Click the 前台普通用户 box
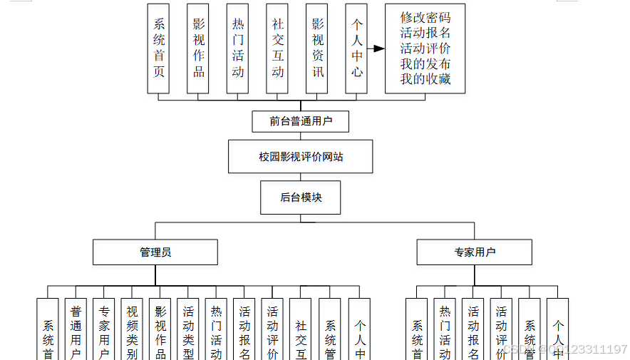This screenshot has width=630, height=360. tap(300, 121)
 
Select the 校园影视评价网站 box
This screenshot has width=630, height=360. tap(300, 156)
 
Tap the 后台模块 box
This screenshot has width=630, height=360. tap(300, 197)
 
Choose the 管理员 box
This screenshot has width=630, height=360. tap(155, 252)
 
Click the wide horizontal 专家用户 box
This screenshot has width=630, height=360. tap(474, 252)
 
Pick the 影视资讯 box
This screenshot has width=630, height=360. tap(317, 48)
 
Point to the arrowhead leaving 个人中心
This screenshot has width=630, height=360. tap(380, 48)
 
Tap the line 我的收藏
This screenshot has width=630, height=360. tap(425, 79)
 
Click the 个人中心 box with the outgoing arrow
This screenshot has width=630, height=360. tap(357, 48)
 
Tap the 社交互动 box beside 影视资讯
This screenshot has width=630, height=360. tap(277, 48)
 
